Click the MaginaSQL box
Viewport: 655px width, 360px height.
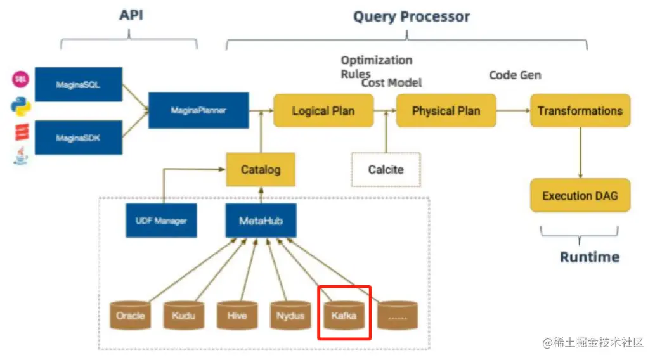(x=79, y=84)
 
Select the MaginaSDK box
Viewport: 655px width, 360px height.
(x=79, y=138)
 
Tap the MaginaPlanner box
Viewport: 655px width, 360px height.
(x=198, y=110)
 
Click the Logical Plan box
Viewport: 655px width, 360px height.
(x=323, y=111)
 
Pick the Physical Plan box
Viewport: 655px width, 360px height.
(x=446, y=111)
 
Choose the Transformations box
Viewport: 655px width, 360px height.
(x=580, y=111)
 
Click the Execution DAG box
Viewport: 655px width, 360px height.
(x=580, y=195)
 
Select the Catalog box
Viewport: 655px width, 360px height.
(x=261, y=170)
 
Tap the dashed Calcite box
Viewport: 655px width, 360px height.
(x=386, y=170)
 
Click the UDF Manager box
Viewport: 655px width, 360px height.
(x=161, y=221)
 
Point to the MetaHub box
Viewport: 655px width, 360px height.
(x=261, y=221)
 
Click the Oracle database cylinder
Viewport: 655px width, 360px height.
(x=131, y=315)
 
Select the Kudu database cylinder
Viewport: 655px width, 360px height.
(x=184, y=315)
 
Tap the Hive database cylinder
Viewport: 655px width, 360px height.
(x=237, y=315)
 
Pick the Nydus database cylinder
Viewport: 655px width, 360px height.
(x=291, y=315)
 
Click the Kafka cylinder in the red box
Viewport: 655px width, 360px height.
(x=344, y=315)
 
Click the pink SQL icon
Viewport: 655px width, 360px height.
(x=20, y=79)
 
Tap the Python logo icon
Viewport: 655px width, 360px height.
(x=21, y=106)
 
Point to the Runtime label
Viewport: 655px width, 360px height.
(x=590, y=257)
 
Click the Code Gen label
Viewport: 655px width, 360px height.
(x=515, y=75)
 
